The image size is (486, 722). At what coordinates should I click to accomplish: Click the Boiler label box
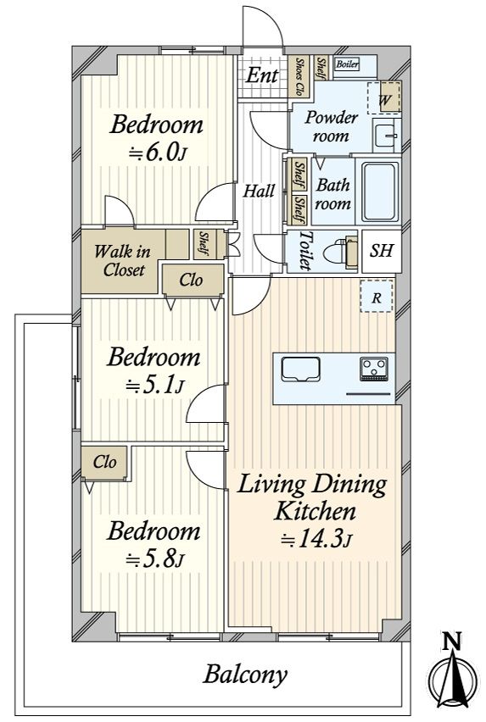[348, 64]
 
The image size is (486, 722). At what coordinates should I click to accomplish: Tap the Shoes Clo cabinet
[299, 76]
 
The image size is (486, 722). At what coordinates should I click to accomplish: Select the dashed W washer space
[383, 97]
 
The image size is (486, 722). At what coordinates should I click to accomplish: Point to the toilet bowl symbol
[340, 253]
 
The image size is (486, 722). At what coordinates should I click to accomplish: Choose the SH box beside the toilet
[382, 251]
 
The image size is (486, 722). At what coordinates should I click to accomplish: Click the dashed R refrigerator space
[377, 297]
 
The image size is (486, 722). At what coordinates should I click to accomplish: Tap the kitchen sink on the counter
[301, 369]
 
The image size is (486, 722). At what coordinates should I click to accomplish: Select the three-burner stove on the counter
[374, 369]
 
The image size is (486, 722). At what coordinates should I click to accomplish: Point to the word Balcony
[245, 675]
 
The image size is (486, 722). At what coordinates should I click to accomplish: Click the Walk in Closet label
[122, 261]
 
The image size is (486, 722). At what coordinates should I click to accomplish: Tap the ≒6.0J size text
[157, 153]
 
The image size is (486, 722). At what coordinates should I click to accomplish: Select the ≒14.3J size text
[316, 539]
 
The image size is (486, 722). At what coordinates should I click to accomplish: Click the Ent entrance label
[261, 75]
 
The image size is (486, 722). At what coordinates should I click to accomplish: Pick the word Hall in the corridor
[259, 190]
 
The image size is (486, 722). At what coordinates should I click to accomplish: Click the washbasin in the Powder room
[385, 136]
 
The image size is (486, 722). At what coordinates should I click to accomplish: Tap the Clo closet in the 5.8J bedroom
[104, 463]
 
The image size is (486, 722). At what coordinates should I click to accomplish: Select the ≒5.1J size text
[154, 386]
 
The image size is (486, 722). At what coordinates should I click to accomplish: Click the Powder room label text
[332, 126]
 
